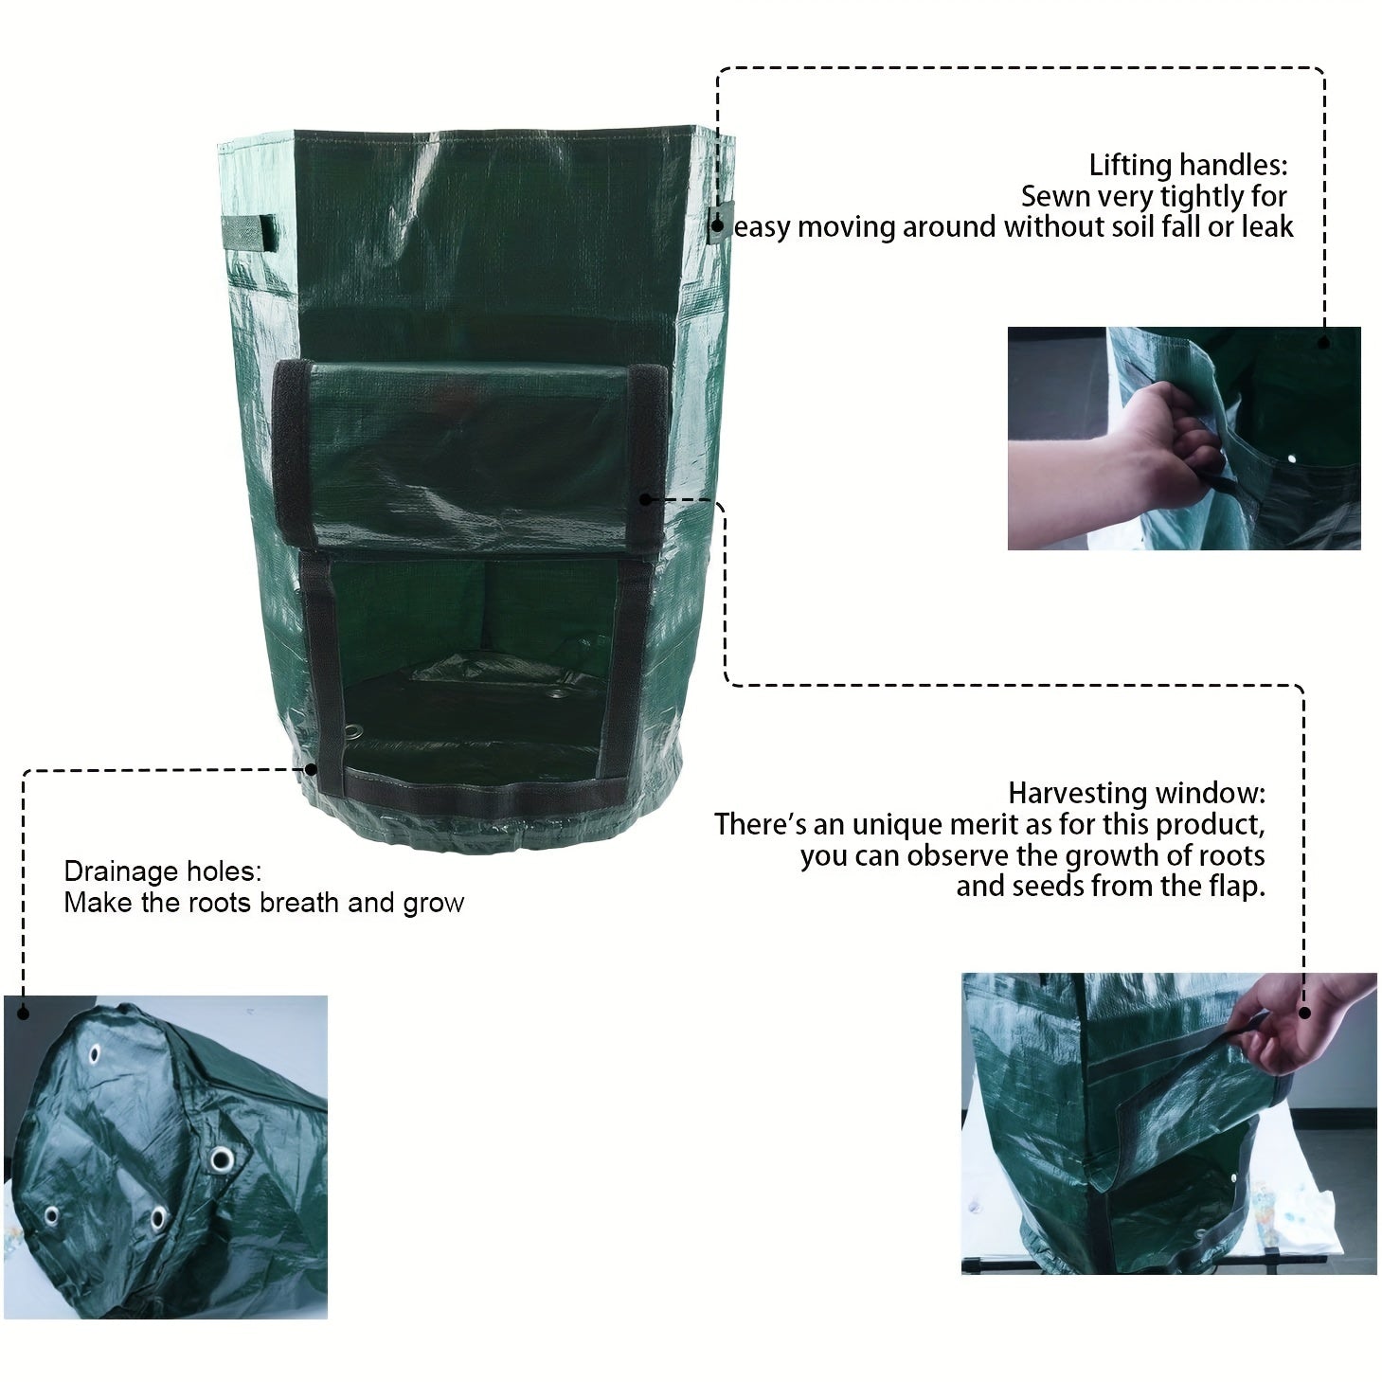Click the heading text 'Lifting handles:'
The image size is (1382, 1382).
(1188, 166)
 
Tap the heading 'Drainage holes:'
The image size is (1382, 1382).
(162, 871)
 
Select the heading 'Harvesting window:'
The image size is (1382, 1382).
(1136, 793)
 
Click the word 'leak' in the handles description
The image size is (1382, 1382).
(1268, 227)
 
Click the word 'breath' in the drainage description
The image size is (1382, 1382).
(301, 903)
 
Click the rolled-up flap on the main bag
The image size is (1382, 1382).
(469, 455)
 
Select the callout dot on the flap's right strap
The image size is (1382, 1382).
(645, 499)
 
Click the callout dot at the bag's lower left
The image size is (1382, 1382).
(311, 769)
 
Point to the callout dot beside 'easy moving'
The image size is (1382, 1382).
(718, 226)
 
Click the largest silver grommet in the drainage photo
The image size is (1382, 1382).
(222, 1158)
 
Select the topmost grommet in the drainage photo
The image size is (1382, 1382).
(96, 1053)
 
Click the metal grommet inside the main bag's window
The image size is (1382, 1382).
(354, 730)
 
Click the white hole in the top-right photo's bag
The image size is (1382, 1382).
(1291, 459)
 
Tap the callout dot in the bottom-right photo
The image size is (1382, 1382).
(1304, 1013)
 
